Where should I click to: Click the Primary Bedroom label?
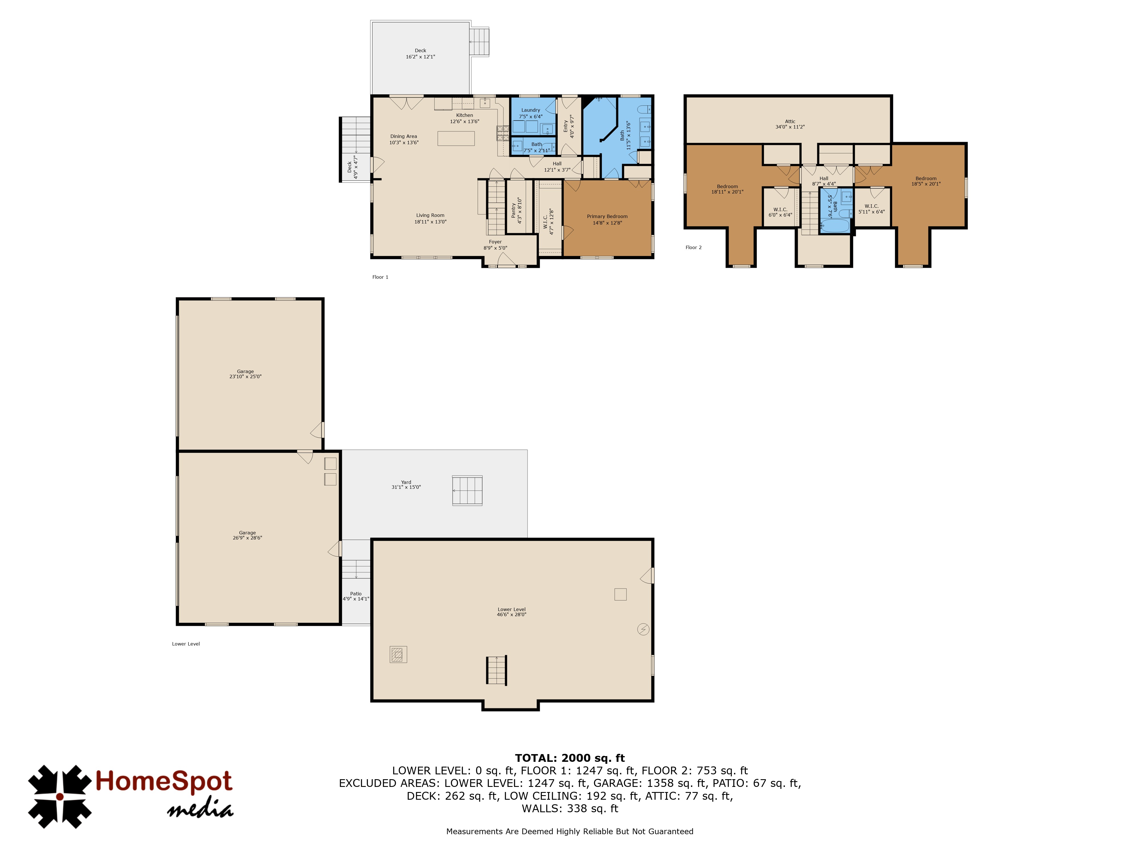[607, 216]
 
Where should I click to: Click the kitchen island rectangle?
[456, 138]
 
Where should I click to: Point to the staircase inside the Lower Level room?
[497, 670]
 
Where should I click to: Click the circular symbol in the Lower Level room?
[643, 629]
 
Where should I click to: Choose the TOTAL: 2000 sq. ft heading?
[570, 758]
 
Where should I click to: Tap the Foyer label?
[495, 242]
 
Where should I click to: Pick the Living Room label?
[430, 215]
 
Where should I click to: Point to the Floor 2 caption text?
[694, 247]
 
